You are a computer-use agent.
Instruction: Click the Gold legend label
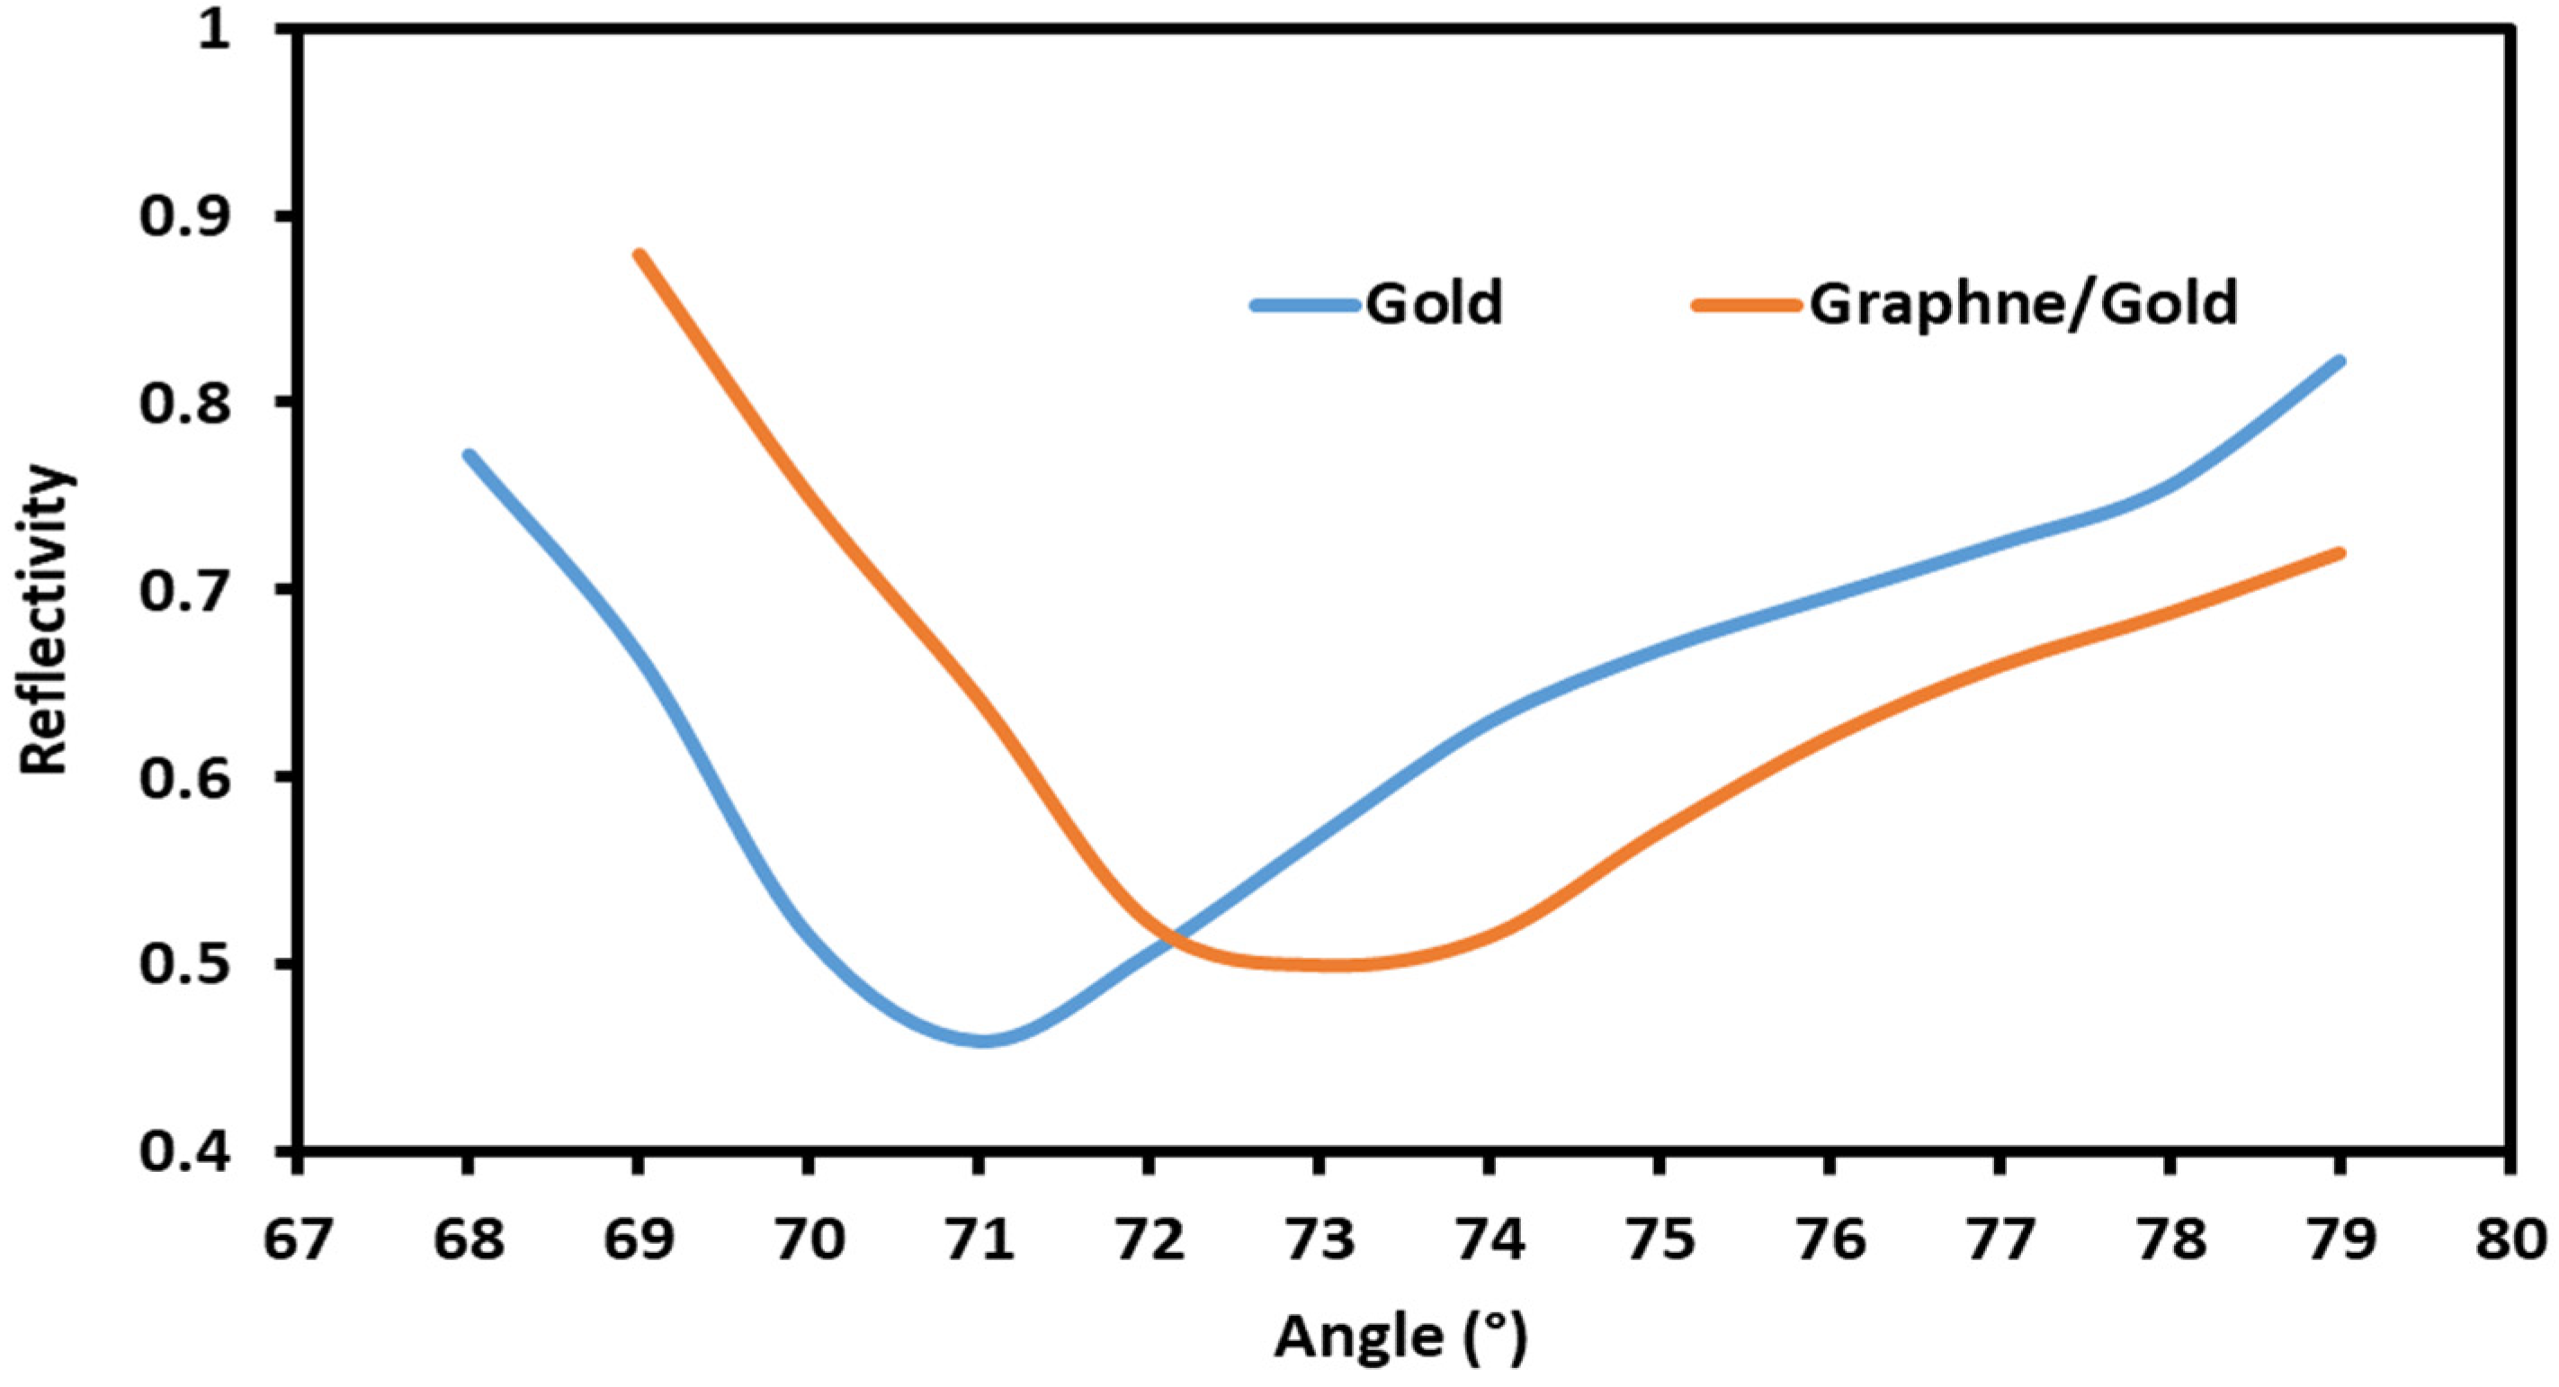[x=1434, y=303]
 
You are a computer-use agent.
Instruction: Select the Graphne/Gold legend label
[x=2024, y=303]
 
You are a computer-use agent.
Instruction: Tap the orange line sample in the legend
[x=1748, y=306]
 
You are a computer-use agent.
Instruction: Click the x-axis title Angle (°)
[x=1400, y=1337]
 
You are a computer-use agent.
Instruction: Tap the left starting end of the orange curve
[x=640, y=255]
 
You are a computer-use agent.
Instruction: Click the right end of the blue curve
[x=2340, y=362]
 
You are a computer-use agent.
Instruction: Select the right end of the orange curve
[x=2340, y=553]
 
